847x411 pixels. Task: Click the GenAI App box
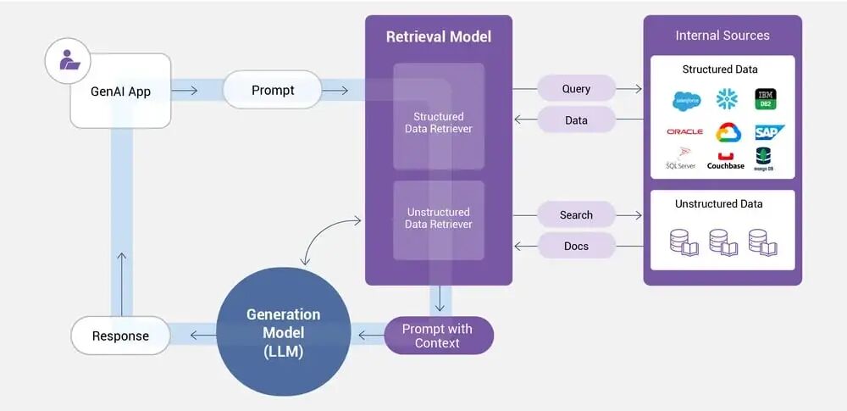120,91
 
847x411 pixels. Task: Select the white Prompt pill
272,90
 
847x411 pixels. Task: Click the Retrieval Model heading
438,36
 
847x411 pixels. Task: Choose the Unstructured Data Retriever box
438,219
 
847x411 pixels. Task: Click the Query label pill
576,89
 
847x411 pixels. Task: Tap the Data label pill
576,120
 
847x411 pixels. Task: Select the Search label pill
576,215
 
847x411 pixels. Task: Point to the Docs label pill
576,247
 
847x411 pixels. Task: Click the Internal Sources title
722,36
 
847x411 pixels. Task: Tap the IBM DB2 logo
766,99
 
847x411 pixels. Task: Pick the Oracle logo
684,131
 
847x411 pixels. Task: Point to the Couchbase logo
725,160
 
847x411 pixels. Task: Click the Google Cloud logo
728,132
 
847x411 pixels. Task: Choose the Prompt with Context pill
438,336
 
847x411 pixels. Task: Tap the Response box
120,336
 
